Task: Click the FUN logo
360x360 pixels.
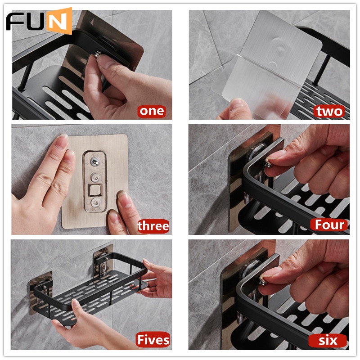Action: pos(39,21)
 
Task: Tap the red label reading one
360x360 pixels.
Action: pos(152,111)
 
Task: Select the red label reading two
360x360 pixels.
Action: pos(329,111)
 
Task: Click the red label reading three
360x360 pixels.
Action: pos(153,226)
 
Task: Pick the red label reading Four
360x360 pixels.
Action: pos(329,225)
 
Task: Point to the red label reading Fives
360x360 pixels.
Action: pos(153,340)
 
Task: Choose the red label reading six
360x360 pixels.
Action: pos(328,341)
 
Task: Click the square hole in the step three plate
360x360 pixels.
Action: pos(95,190)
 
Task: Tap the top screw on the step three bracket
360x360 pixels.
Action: pos(94,162)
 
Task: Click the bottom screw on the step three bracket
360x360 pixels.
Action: pos(95,203)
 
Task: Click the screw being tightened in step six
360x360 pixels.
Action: pos(262,281)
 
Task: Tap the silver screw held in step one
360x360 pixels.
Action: pos(97,54)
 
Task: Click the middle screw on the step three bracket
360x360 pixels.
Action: pos(95,177)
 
